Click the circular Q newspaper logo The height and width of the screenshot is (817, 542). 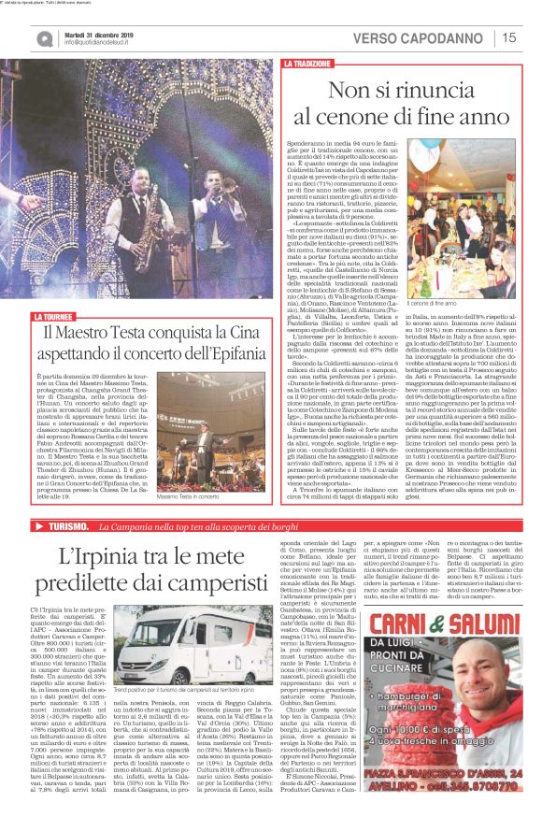(x=44, y=38)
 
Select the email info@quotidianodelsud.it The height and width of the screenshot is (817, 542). (x=102, y=43)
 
